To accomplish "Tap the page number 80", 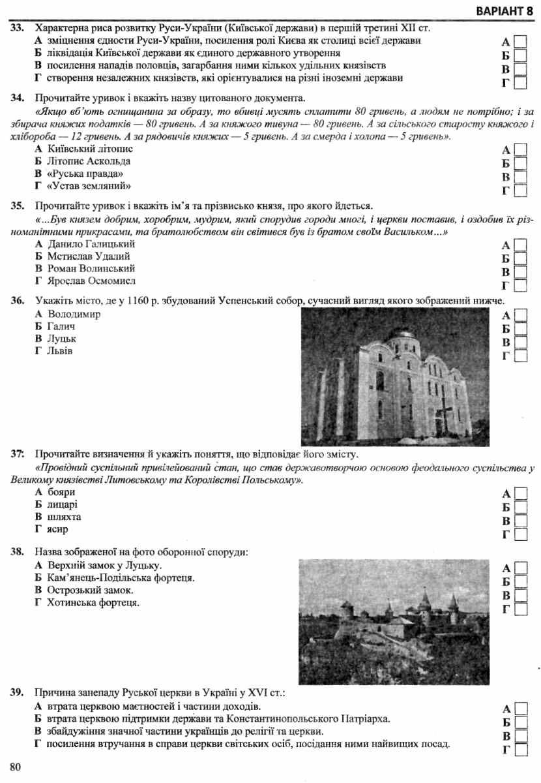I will click(x=16, y=766).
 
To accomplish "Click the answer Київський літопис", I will click(x=89, y=149).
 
